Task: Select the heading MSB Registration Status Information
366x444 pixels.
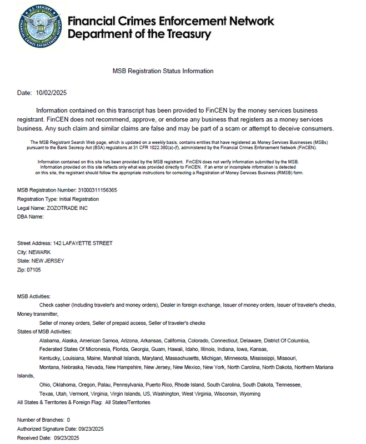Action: [163, 72]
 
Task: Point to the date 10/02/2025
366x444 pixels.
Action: [51, 93]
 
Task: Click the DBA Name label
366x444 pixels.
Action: [31, 216]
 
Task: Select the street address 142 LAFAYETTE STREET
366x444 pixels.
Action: [83, 243]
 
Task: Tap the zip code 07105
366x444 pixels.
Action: [33, 270]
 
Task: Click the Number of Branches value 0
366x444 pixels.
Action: [68, 420]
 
